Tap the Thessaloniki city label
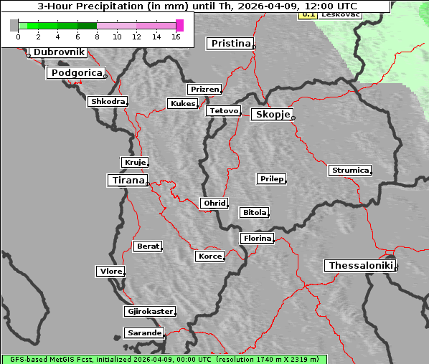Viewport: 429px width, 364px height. coord(361,266)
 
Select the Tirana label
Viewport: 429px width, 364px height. coord(128,181)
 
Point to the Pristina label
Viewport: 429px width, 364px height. coord(230,44)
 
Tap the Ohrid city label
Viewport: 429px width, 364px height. coord(214,203)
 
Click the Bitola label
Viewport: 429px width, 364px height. coord(254,213)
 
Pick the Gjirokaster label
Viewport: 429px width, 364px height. coord(149,312)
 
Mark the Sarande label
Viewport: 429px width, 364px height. coord(144,333)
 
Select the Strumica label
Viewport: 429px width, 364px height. coord(350,171)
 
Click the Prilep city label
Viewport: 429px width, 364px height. coord(272,178)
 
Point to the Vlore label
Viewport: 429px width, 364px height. coord(110,271)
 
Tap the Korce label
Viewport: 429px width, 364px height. coord(209,256)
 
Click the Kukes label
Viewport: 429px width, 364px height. coord(182,104)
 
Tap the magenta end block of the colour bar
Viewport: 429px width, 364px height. coord(179,25)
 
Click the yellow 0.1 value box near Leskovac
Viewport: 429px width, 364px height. coord(307,14)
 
